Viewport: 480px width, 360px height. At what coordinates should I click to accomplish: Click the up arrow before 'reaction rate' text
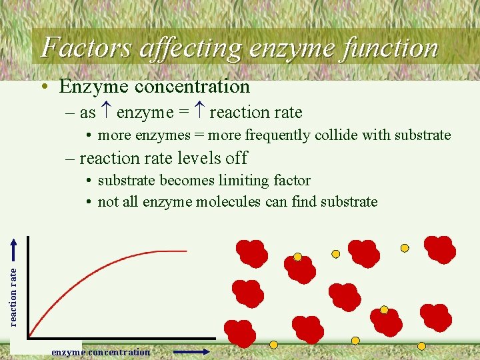[199, 113]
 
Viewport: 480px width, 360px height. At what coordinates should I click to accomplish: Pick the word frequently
[283, 135]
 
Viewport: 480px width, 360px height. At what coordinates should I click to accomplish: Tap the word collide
[336, 135]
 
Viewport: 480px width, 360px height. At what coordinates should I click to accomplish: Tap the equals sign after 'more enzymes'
[199, 135]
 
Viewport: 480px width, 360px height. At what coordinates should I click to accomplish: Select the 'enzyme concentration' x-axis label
[101, 352]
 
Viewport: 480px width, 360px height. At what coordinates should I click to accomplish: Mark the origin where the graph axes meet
[29, 337]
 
